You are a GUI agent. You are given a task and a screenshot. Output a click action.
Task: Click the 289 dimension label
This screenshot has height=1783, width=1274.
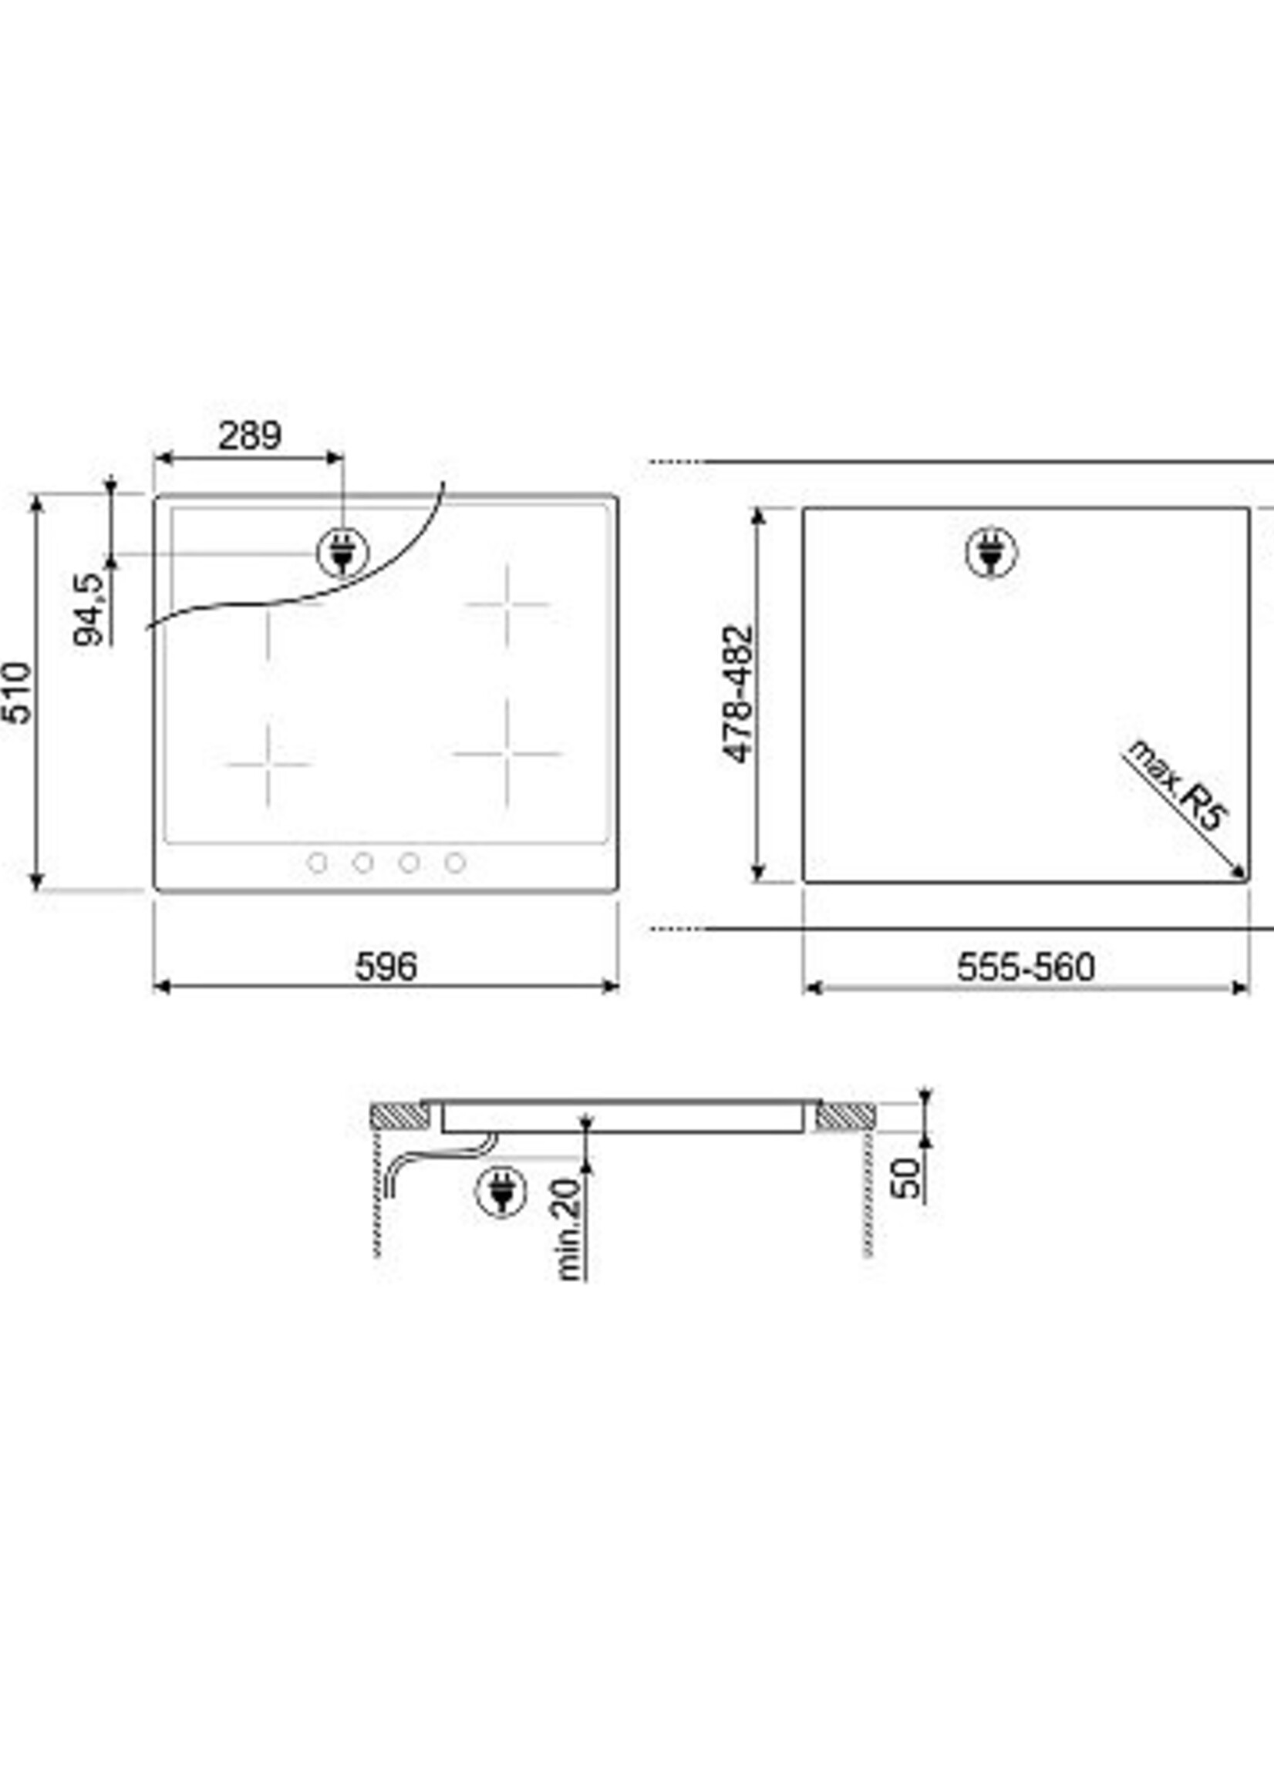click(x=249, y=436)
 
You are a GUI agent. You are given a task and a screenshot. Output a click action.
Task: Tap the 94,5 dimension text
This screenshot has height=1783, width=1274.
click(x=89, y=608)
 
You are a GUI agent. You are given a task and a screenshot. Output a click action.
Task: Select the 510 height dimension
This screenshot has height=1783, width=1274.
click(x=17, y=693)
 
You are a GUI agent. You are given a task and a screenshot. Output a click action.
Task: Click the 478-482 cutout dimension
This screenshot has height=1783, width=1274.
click(x=737, y=694)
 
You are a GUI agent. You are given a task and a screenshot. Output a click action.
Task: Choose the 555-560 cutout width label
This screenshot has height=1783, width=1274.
click(x=1026, y=967)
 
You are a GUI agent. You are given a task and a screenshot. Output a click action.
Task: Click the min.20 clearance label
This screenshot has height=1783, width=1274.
click(x=571, y=1229)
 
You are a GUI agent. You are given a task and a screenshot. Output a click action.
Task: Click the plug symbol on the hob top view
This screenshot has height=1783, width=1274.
click(x=342, y=553)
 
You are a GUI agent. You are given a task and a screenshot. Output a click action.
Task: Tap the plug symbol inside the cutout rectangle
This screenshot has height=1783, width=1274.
click(x=992, y=553)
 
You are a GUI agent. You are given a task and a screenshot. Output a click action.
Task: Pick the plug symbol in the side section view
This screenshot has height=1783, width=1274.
click(x=501, y=1192)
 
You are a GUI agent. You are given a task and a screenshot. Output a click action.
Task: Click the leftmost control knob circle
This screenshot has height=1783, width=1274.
click(x=317, y=863)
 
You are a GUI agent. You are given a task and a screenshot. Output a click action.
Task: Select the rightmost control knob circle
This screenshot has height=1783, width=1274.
click(x=455, y=863)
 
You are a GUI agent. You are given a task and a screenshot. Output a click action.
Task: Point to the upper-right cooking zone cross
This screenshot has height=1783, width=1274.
click(x=507, y=604)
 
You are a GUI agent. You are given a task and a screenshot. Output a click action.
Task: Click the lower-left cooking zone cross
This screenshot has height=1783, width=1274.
click(x=268, y=763)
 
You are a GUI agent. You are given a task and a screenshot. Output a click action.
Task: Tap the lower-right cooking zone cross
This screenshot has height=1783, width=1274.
click(x=507, y=753)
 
